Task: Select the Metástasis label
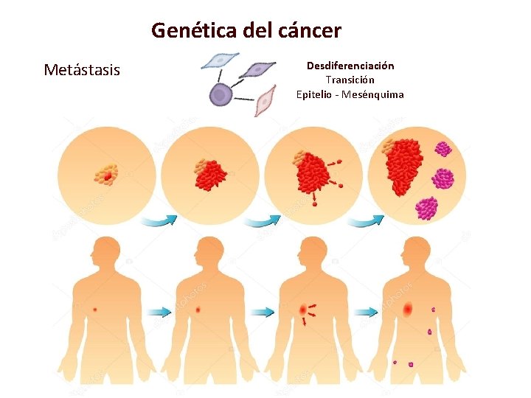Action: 81,70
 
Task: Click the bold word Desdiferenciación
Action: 350,66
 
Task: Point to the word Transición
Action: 350,80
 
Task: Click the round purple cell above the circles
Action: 220,94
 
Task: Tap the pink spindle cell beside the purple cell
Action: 265,99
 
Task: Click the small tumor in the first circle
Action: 106,173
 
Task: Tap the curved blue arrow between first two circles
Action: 159,220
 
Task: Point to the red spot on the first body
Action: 94,310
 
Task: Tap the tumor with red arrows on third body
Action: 303,311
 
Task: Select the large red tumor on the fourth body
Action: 408,310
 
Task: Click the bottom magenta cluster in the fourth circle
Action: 426,207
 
